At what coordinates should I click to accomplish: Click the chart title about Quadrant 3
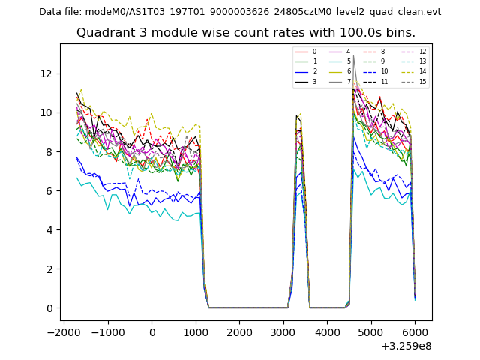coord(246,33)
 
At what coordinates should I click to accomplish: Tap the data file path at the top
coord(240,12)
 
